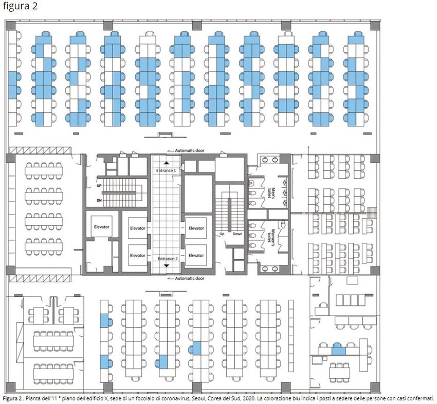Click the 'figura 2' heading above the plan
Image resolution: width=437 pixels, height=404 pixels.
(20, 6)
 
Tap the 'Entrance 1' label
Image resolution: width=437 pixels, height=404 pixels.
(166, 170)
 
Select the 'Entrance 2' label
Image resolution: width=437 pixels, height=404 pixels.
(168, 259)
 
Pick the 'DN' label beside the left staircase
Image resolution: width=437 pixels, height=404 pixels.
(99, 200)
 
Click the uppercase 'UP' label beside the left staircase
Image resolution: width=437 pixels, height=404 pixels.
(99, 186)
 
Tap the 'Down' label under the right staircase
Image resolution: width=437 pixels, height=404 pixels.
(238, 234)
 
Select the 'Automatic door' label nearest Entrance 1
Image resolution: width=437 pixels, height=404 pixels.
(190, 150)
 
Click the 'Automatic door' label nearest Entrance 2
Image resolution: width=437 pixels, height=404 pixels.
(190, 278)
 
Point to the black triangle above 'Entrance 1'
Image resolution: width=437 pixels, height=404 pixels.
(167, 163)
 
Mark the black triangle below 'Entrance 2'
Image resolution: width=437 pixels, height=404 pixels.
(167, 266)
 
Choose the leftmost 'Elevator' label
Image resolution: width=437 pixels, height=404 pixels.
(102, 227)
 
